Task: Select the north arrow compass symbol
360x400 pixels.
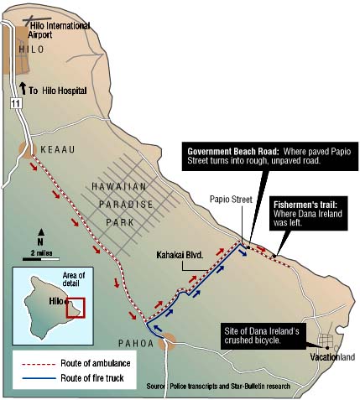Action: pos(40,236)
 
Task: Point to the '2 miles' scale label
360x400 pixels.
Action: pos(40,252)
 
